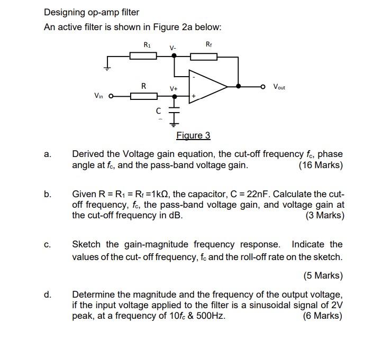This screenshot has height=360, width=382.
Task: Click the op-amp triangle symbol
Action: tap(209, 86)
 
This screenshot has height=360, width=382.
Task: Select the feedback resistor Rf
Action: tap(204, 56)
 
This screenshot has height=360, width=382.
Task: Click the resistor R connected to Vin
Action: tap(143, 96)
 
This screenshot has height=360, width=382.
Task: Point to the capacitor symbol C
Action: tap(174, 112)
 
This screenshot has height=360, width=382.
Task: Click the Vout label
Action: tap(279, 86)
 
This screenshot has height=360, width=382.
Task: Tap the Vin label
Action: tap(98, 96)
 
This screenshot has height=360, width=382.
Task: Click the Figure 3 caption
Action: tap(193, 135)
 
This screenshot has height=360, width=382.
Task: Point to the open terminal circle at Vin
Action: tap(111, 96)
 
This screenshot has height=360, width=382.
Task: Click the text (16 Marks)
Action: tap(321, 165)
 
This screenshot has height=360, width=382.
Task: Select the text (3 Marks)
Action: tap(324, 216)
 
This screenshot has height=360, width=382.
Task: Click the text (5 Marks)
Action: tap(323, 275)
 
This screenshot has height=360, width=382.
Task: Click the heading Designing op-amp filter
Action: tap(92, 12)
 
